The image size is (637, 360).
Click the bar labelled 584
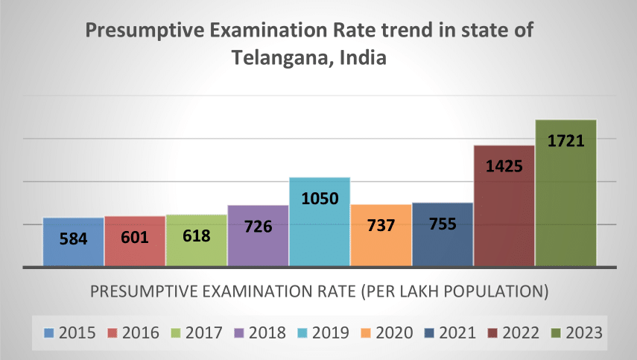point(73,242)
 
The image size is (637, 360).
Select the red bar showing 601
point(135,241)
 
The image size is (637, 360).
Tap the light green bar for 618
point(197,241)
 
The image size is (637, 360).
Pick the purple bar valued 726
point(258,236)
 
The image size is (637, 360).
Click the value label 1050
point(320,199)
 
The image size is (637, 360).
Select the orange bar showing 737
point(381,236)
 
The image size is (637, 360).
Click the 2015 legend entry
point(70,333)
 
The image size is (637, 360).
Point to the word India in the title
point(363,57)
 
